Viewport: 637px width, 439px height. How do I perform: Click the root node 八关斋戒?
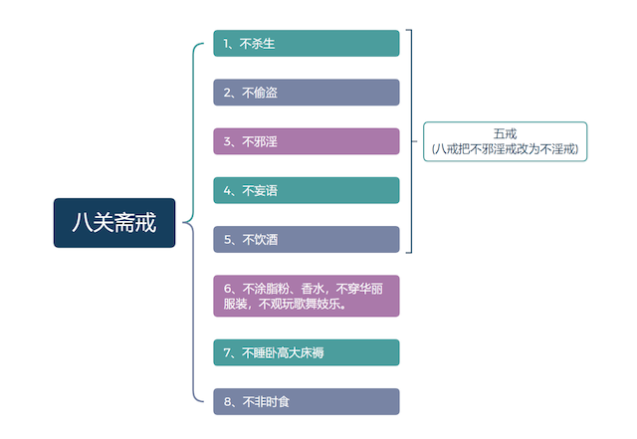click(x=114, y=223)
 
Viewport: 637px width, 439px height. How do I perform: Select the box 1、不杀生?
click(x=307, y=43)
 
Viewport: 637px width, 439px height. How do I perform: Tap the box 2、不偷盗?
click(x=307, y=93)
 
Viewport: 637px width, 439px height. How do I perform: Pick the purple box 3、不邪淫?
click(x=307, y=141)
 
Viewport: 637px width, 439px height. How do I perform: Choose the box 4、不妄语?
click(x=307, y=190)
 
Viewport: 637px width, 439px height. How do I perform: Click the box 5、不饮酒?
click(x=307, y=240)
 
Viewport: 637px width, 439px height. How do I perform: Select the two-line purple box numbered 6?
click(x=307, y=296)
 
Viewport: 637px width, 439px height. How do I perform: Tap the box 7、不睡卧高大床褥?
click(x=307, y=352)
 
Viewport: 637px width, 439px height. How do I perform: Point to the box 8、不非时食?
click(x=307, y=401)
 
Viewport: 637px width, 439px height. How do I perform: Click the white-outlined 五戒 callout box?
click(x=505, y=141)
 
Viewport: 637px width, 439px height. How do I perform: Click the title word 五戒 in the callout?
click(x=505, y=133)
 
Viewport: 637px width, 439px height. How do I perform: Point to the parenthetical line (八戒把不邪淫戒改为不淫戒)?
click(x=505, y=149)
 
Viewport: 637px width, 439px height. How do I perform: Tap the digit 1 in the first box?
click(x=226, y=44)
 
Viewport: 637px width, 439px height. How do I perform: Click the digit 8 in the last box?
click(x=227, y=402)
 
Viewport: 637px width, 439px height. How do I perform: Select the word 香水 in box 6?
click(x=313, y=289)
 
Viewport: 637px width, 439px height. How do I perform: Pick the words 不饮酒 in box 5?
click(x=260, y=240)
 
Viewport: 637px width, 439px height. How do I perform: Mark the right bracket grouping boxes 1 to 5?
click(x=411, y=141)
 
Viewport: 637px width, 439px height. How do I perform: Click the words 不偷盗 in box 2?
click(x=260, y=93)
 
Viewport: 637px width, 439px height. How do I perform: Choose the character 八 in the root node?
click(x=82, y=223)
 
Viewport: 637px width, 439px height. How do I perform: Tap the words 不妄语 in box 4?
click(x=260, y=191)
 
